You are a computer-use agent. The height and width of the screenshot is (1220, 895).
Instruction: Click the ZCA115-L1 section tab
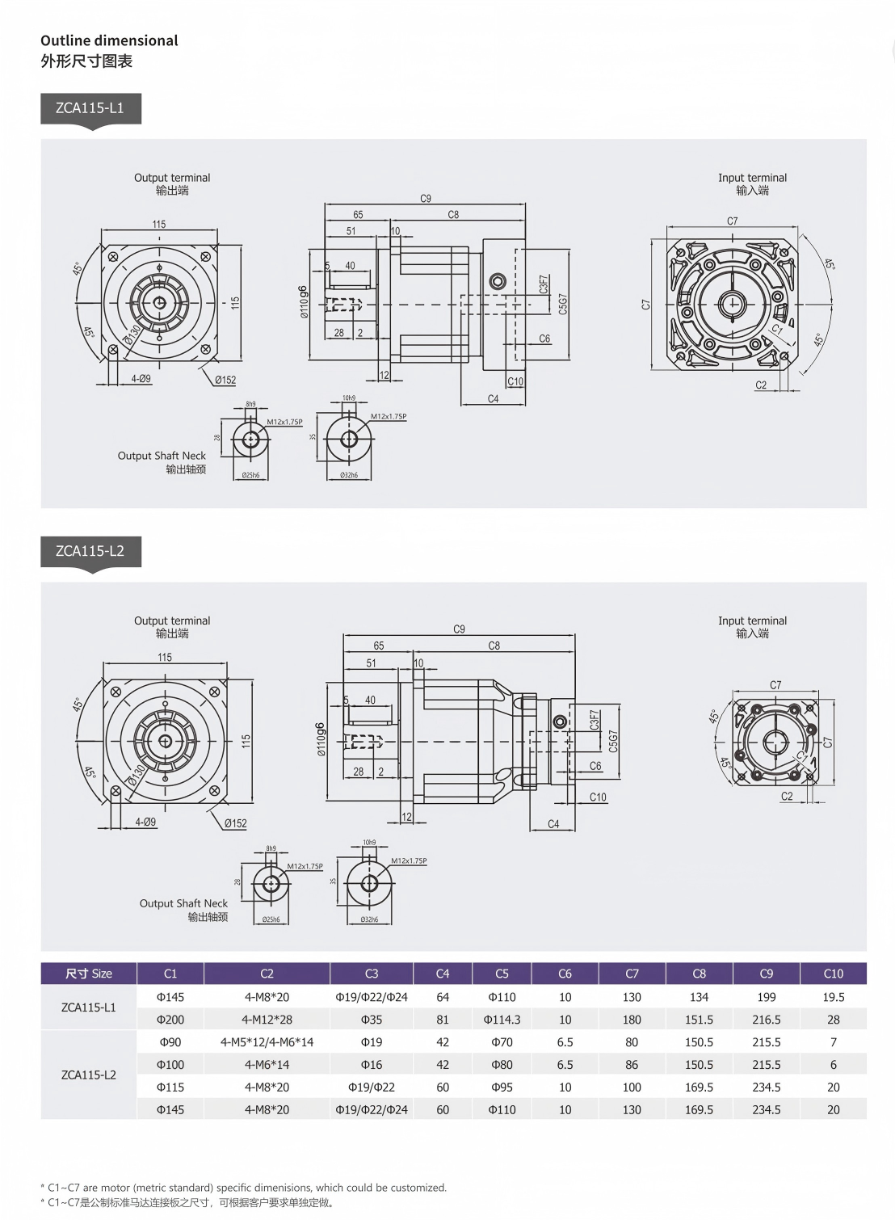90,108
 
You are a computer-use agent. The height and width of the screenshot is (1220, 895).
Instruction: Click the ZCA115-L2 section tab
90,551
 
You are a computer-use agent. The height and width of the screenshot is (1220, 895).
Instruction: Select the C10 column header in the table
833,974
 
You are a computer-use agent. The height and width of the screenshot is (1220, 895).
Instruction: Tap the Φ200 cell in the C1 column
170,1020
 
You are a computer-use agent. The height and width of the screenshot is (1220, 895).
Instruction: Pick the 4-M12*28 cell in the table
267,1020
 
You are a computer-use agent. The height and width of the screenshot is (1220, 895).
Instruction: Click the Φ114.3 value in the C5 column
502,1020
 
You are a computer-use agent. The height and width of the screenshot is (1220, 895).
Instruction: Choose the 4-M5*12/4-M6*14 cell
267,1042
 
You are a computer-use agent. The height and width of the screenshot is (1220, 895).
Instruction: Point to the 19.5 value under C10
833,997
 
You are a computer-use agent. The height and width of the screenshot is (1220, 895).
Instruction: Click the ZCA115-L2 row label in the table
89,1075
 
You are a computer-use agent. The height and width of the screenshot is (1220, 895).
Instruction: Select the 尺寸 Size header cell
89,974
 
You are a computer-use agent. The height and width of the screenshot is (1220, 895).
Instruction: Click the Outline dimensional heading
109,40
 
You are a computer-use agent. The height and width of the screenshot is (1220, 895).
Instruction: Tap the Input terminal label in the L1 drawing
752,178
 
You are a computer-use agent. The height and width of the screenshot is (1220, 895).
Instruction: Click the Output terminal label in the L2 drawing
172,621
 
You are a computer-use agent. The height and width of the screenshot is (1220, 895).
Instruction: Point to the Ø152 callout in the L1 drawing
225,380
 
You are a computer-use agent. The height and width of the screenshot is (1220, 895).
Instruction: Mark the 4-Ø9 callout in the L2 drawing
145,822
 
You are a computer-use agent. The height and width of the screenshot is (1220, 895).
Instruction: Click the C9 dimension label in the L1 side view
426,198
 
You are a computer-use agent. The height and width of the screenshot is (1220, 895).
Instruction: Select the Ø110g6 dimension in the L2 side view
321,739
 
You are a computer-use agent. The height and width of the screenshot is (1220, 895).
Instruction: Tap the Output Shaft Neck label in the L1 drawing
162,456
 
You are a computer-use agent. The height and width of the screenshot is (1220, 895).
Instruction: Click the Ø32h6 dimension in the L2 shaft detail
369,919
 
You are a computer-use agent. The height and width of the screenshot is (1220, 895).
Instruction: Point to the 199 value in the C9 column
766,997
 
